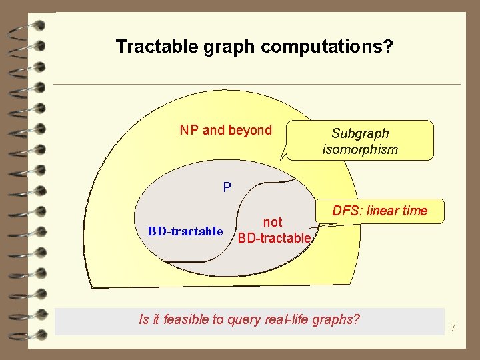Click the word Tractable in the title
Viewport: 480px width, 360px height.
(x=147, y=47)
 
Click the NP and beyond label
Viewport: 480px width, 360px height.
(x=225, y=130)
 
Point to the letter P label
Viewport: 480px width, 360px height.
(x=227, y=187)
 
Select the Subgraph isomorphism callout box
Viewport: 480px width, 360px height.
(x=360, y=141)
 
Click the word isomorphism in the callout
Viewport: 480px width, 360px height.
(x=360, y=149)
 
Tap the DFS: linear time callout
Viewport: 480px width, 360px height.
(x=379, y=211)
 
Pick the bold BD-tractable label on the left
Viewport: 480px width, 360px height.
(x=185, y=231)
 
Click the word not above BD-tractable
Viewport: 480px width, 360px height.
(x=273, y=222)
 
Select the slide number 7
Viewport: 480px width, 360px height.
(x=453, y=328)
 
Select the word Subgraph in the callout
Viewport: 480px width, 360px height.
(x=360, y=133)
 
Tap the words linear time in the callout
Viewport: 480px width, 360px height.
(x=397, y=211)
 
